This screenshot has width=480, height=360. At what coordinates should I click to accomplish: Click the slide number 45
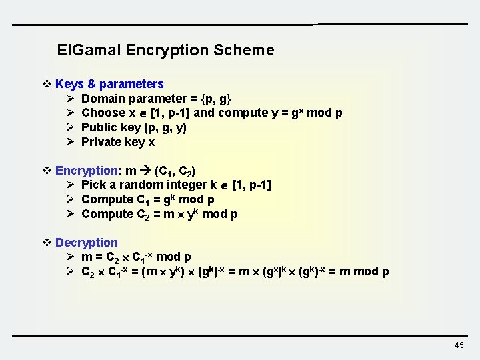point(459,345)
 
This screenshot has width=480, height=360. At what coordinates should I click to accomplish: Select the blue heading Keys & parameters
point(109,84)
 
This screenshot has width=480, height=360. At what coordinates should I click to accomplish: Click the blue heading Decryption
point(86,243)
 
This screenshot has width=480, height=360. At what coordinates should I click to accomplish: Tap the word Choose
point(103,113)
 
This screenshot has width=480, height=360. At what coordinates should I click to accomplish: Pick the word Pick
point(93,185)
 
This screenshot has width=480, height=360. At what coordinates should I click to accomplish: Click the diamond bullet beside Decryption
point(47,243)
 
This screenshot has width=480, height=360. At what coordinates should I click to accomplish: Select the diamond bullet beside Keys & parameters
point(47,84)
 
